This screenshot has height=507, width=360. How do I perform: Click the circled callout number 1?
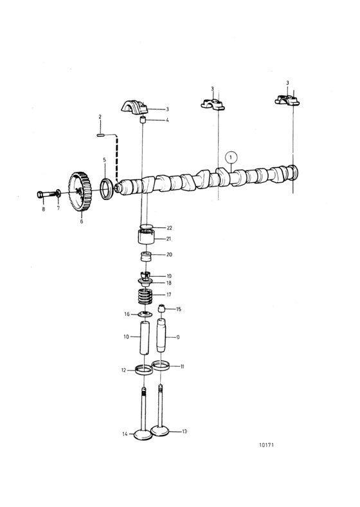click(231, 158)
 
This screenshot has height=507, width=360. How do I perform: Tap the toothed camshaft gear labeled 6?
click(80, 192)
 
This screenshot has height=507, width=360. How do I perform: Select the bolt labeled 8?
click(46, 194)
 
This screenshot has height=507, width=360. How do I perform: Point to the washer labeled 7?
click(58, 194)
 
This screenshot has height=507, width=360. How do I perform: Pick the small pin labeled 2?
click(100, 135)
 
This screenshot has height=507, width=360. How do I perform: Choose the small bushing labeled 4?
click(143, 120)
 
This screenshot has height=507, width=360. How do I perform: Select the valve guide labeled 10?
click(145, 338)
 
